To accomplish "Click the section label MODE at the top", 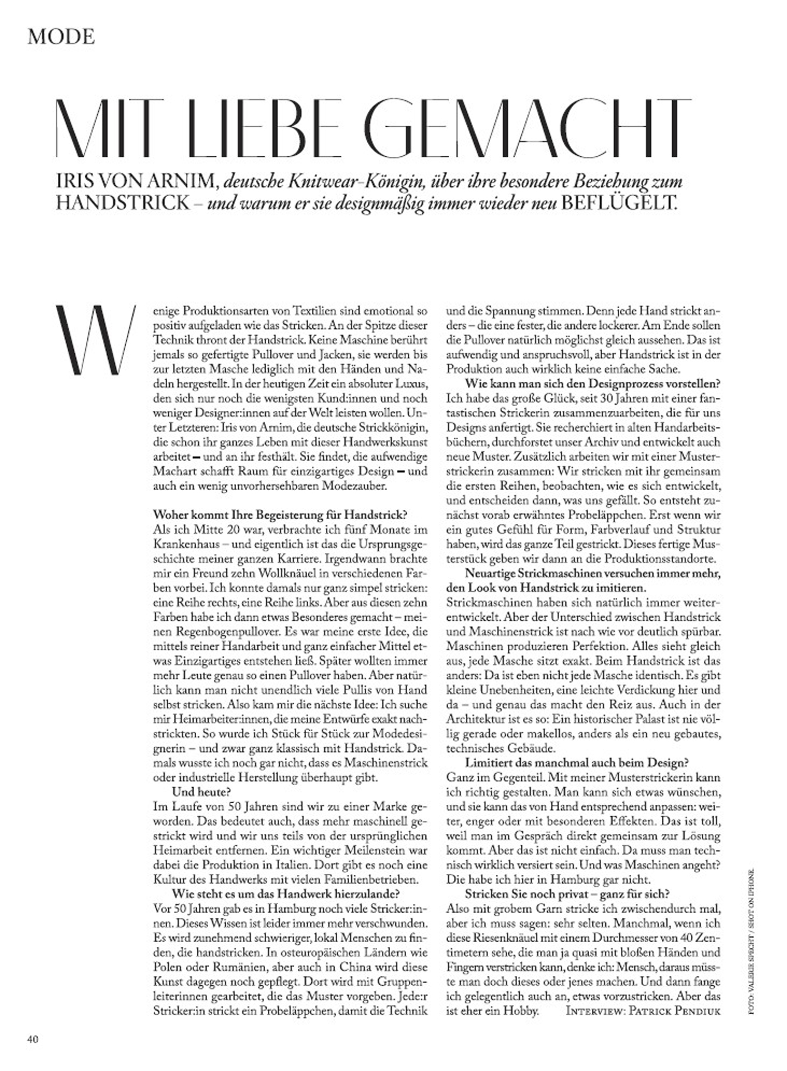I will coord(61,37).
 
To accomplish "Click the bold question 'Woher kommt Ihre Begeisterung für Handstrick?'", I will coord(280,514).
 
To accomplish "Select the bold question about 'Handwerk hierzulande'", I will coord(286,894).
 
